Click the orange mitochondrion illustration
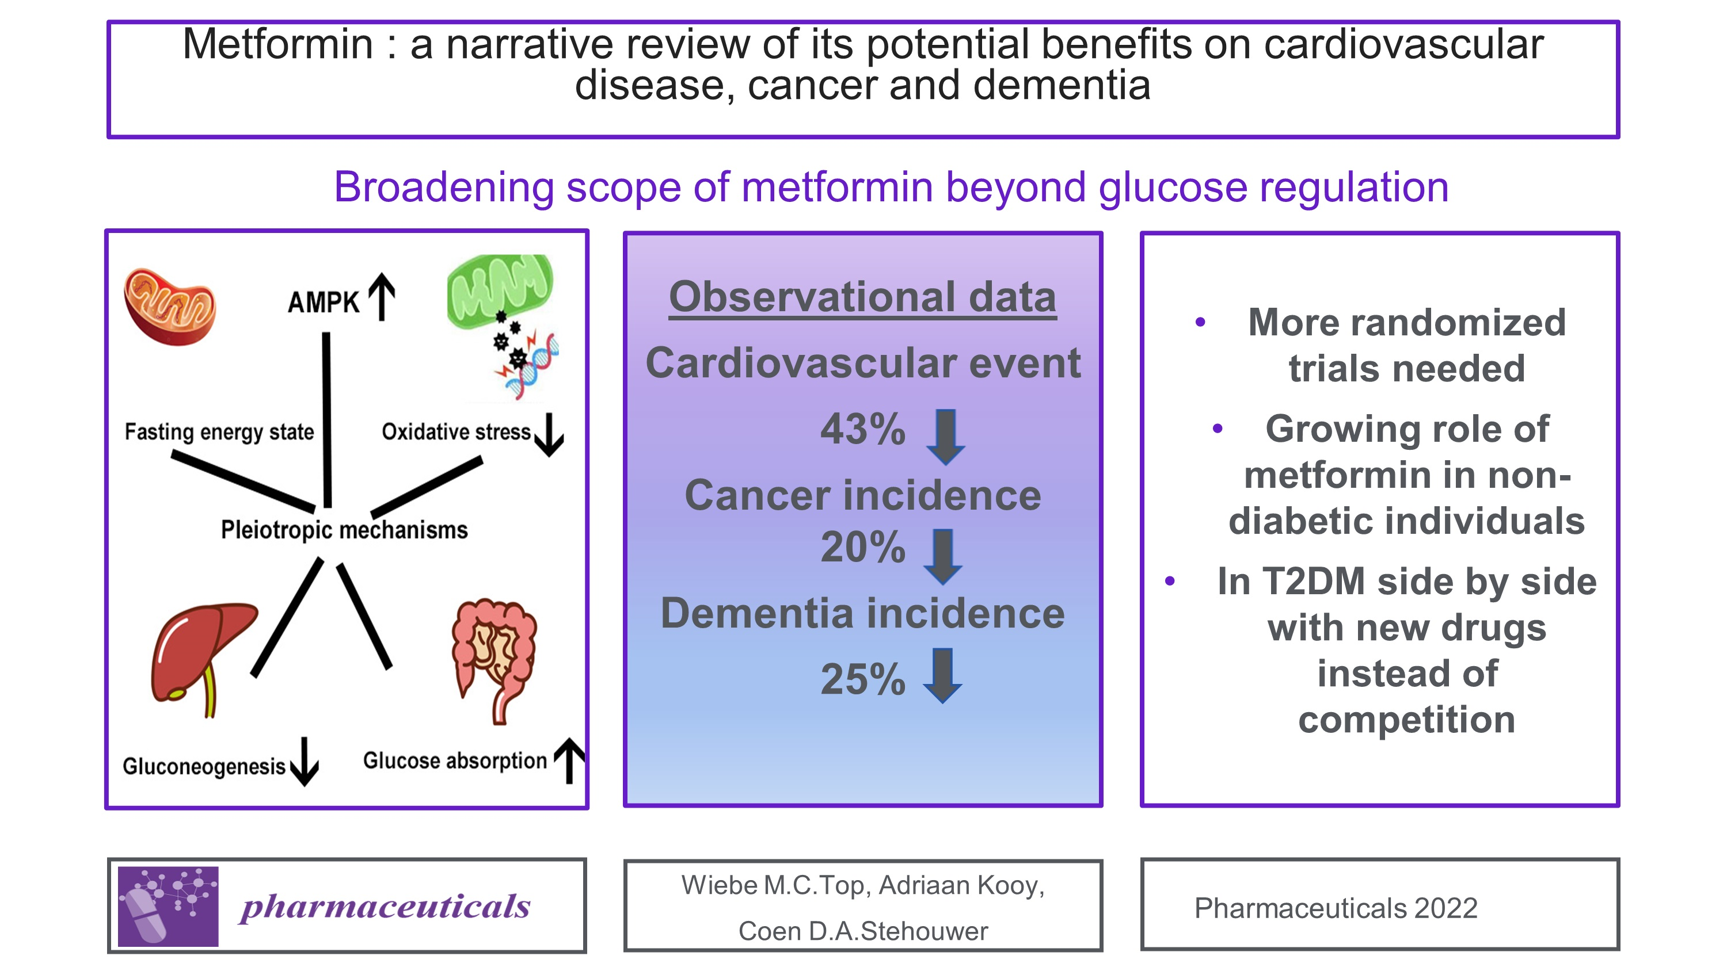pos(170,307)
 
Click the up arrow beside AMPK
pos(382,297)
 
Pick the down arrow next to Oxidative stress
pos(550,434)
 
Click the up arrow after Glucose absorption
pos(570,760)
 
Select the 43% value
pos(863,429)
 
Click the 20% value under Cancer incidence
pos(863,547)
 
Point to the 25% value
pos(863,679)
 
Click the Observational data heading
pos(862,297)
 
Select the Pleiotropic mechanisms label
pos(344,529)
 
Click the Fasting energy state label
pos(219,431)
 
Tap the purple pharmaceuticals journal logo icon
pos(168,906)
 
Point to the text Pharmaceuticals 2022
pos(1336,908)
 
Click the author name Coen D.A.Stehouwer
pos(863,931)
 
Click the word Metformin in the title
pos(277,44)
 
